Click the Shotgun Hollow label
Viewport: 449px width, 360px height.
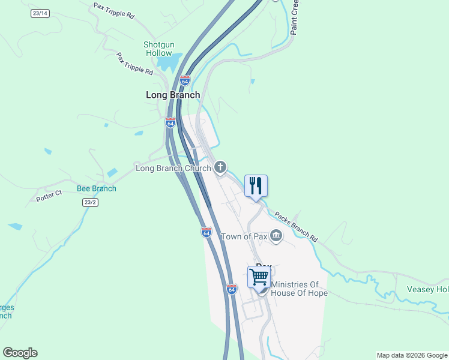coord(158,49)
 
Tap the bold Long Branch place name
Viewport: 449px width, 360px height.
coord(173,95)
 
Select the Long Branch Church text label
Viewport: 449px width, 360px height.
coord(173,168)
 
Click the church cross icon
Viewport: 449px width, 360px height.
coord(220,167)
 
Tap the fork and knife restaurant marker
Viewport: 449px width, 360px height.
coord(256,186)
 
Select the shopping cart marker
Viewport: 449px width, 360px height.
coord(259,278)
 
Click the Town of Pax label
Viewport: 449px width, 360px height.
coord(244,236)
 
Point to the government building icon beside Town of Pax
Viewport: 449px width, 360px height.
coord(276,235)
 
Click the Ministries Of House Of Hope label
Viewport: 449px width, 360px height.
coord(299,289)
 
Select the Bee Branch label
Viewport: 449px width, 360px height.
coord(97,188)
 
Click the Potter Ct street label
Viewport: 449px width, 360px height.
coord(49,196)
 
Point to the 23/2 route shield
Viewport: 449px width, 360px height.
coord(89,203)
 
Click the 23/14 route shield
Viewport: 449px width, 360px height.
coord(40,13)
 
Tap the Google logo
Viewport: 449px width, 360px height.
coord(20,353)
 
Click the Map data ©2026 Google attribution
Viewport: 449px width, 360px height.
coord(412,355)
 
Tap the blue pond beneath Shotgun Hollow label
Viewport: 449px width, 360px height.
coord(170,62)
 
